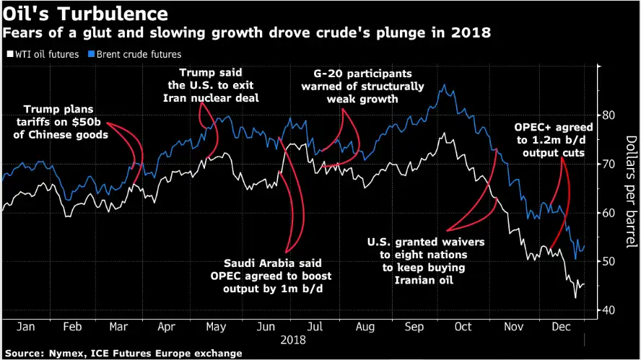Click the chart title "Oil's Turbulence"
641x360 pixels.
pos(85,13)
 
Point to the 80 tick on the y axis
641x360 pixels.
pos(609,115)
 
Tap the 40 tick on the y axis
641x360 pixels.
pos(609,310)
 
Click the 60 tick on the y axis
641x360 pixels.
pos(609,213)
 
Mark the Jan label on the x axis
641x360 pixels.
pos(25,327)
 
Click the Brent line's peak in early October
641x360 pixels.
pos(443,85)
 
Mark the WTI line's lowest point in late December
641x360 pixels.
pos(575,297)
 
